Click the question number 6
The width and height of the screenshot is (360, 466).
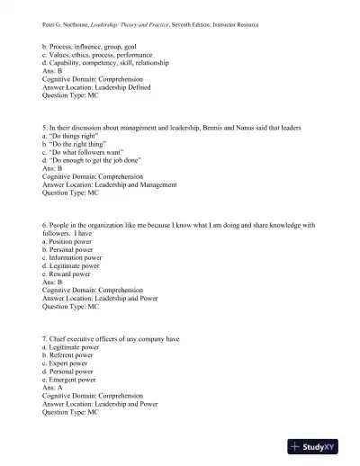coord(45,225)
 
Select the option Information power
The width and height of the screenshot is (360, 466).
coord(76,258)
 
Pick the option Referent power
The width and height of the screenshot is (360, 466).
coord(73,354)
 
